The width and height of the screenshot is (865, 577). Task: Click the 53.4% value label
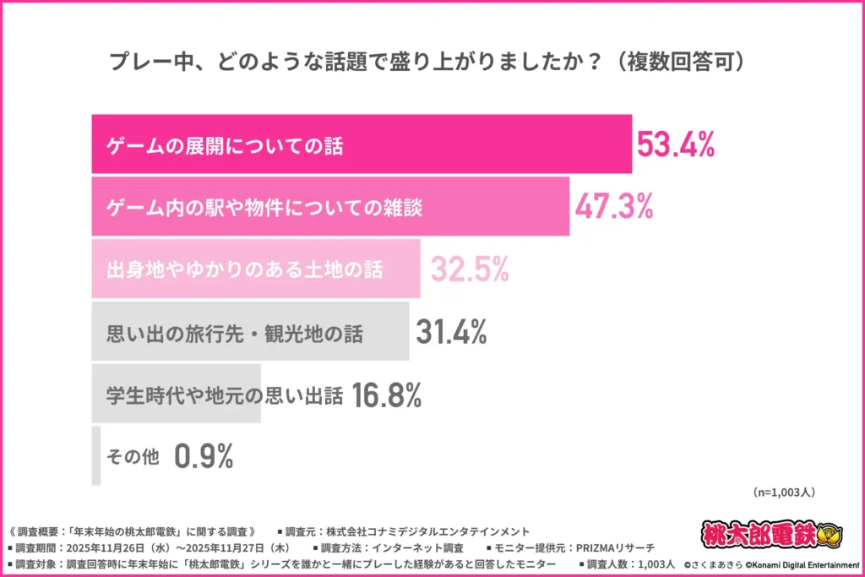[x=675, y=144]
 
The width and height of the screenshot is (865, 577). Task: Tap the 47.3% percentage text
[x=613, y=207]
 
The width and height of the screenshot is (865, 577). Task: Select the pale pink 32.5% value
[x=470, y=269]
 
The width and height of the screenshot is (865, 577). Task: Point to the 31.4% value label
[x=451, y=333]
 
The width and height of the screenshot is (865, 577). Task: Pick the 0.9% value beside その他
[x=204, y=457]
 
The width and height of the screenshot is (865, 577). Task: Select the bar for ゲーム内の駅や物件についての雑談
[x=329, y=207]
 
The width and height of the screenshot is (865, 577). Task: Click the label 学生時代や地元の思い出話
[x=225, y=395]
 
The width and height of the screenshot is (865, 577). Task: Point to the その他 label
[x=133, y=457]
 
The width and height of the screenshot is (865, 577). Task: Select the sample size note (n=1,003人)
[x=782, y=491]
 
